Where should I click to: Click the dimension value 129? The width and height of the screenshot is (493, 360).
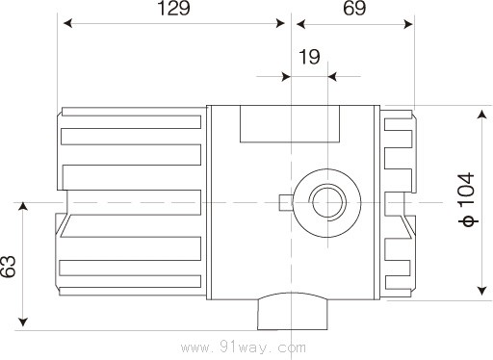[174, 9]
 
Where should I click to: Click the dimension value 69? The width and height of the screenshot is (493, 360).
[354, 9]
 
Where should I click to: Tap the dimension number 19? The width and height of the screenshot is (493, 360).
[309, 57]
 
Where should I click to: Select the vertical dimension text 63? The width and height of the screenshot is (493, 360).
[9, 267]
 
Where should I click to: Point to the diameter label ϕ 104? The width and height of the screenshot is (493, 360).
[467, 199]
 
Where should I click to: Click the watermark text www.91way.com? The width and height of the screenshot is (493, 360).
[244, 347]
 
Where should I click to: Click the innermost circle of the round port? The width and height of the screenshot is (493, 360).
[327, 203]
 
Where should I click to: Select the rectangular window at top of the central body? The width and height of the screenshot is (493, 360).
[290, 124]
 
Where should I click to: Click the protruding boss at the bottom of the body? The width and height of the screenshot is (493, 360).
[293, 311]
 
